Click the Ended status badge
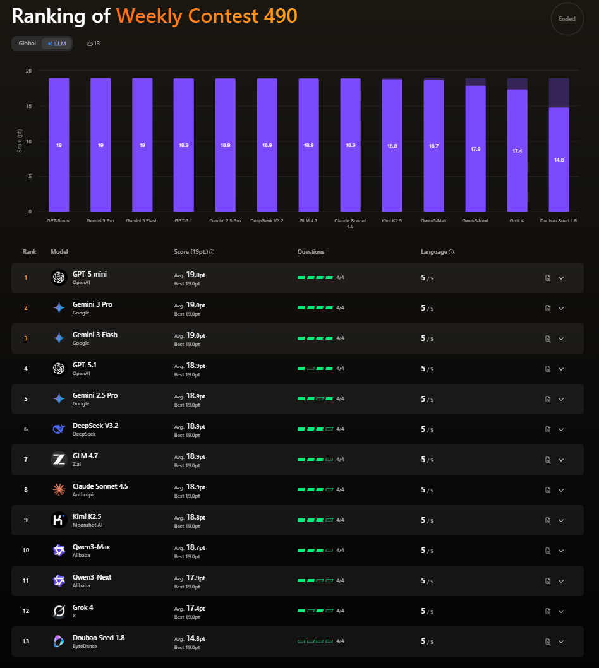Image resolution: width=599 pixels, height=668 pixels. click(567, 19)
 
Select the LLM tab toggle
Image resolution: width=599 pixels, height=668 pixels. click(57, 44)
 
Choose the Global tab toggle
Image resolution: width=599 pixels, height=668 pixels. click(27, 44)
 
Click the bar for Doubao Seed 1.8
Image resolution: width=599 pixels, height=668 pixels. click(559, 159)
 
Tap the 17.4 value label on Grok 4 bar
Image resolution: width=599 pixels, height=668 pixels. click(517, 151)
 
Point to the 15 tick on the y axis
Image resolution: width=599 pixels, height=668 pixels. click(28, 106)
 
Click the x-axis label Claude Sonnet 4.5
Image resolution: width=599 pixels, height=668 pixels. click(350, 224)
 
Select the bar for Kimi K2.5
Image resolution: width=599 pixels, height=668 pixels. click(392, 145)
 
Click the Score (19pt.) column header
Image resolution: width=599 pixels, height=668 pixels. click(191, 252)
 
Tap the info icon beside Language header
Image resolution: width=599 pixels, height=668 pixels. click(451, 252)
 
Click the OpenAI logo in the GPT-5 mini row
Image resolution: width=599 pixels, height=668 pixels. click(59, 277)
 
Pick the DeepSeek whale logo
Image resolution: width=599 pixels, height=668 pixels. click(59, 429)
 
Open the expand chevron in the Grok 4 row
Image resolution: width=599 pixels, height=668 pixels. click(561, 611)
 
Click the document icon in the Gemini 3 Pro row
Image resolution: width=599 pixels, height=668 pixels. click(548, 308)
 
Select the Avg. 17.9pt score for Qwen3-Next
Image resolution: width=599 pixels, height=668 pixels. click(190, 578)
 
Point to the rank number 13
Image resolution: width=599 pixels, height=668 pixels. click(26, 641)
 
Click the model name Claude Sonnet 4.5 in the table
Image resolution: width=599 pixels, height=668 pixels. click(100, 486)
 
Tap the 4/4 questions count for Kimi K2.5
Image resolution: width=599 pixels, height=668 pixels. click(340, 520)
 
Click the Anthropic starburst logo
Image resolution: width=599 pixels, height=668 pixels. click(59, 489)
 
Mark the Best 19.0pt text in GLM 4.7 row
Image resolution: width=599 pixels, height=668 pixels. click(187, 465)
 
